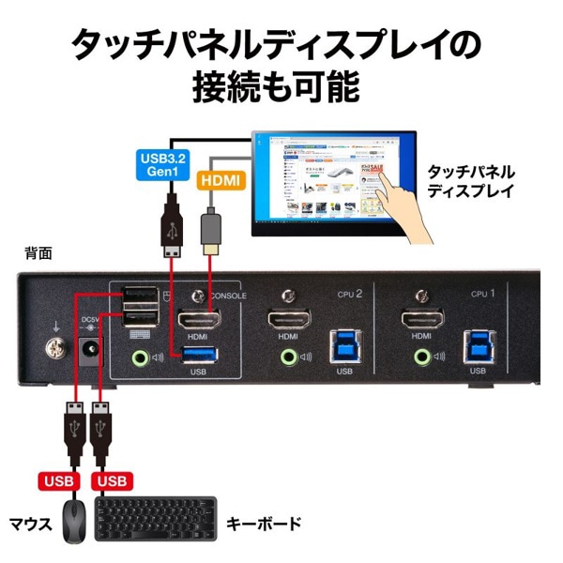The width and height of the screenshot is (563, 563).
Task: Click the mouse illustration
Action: coord(75,523)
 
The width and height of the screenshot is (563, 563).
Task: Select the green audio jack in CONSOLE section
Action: coord(141,357)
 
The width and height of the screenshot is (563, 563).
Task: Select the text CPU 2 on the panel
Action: coord(349,294)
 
